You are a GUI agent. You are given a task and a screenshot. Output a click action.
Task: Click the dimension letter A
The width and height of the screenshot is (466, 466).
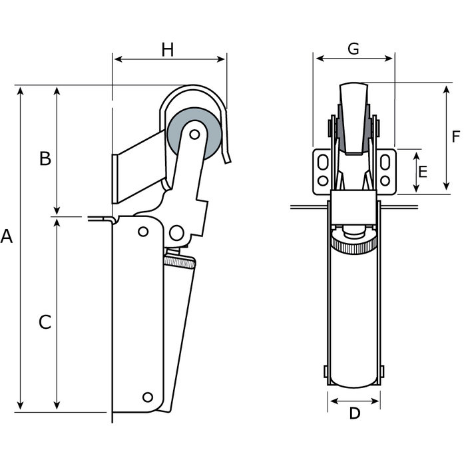[x=7, y=236]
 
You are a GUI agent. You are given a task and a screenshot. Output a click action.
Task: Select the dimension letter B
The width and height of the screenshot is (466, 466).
[x=44, y=158]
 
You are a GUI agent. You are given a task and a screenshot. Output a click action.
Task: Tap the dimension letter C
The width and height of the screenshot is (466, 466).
[x=44, y=322]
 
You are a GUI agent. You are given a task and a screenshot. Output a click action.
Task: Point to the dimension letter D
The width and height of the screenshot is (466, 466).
[x=355, y=413]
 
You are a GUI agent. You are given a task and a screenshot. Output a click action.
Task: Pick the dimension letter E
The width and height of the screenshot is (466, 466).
[x=422, y=172]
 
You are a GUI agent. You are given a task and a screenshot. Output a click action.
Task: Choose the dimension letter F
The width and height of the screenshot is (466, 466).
[x=455, y=137]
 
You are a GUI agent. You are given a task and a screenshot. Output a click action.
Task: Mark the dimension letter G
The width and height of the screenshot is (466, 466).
[x=353, y=49]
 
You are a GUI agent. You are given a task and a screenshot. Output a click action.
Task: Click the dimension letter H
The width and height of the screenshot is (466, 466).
[x=168, y=49]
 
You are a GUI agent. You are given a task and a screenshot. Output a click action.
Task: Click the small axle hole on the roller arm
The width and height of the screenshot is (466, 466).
[x=194, y=134]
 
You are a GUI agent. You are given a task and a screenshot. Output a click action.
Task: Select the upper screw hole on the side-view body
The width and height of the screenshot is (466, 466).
[x=142, y=232]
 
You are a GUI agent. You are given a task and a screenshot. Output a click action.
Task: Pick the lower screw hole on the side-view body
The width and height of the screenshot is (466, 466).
[x=147, y=397]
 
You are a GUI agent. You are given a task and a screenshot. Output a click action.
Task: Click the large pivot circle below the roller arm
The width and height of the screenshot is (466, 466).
[x=176, y=232]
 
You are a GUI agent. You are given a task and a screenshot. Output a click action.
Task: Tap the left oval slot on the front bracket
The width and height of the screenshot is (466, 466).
[x=323, y=162]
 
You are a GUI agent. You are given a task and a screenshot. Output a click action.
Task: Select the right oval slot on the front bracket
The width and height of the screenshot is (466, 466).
[x=386, y=162]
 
